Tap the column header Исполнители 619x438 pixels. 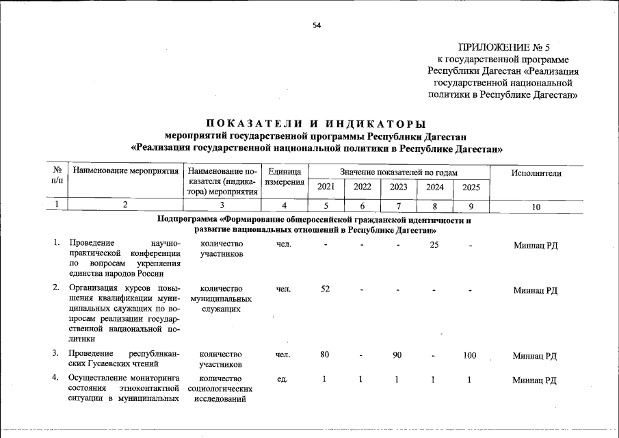(536, 173)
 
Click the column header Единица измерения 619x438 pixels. (285, 179)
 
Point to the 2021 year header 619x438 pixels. (326, 188)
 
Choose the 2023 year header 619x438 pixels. (398, 188)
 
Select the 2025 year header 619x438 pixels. (471, 188)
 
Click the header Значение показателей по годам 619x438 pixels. (399, 172)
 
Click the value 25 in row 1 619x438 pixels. (434, 245)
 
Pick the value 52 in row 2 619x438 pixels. (326, 289)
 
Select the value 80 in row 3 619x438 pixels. (326, 355)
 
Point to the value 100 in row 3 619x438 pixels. (470, 355)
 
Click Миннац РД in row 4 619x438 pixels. (536, 380)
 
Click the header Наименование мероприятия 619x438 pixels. (126, 173)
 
